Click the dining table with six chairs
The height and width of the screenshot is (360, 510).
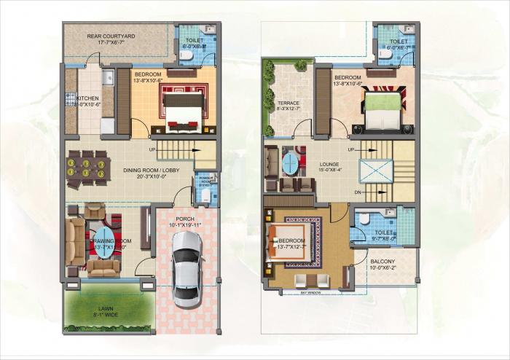[87, 169]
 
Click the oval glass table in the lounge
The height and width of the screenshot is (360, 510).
[290, 162]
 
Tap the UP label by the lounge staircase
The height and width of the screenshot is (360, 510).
[351, 149]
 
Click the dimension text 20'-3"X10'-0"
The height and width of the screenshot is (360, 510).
[149, 176]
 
